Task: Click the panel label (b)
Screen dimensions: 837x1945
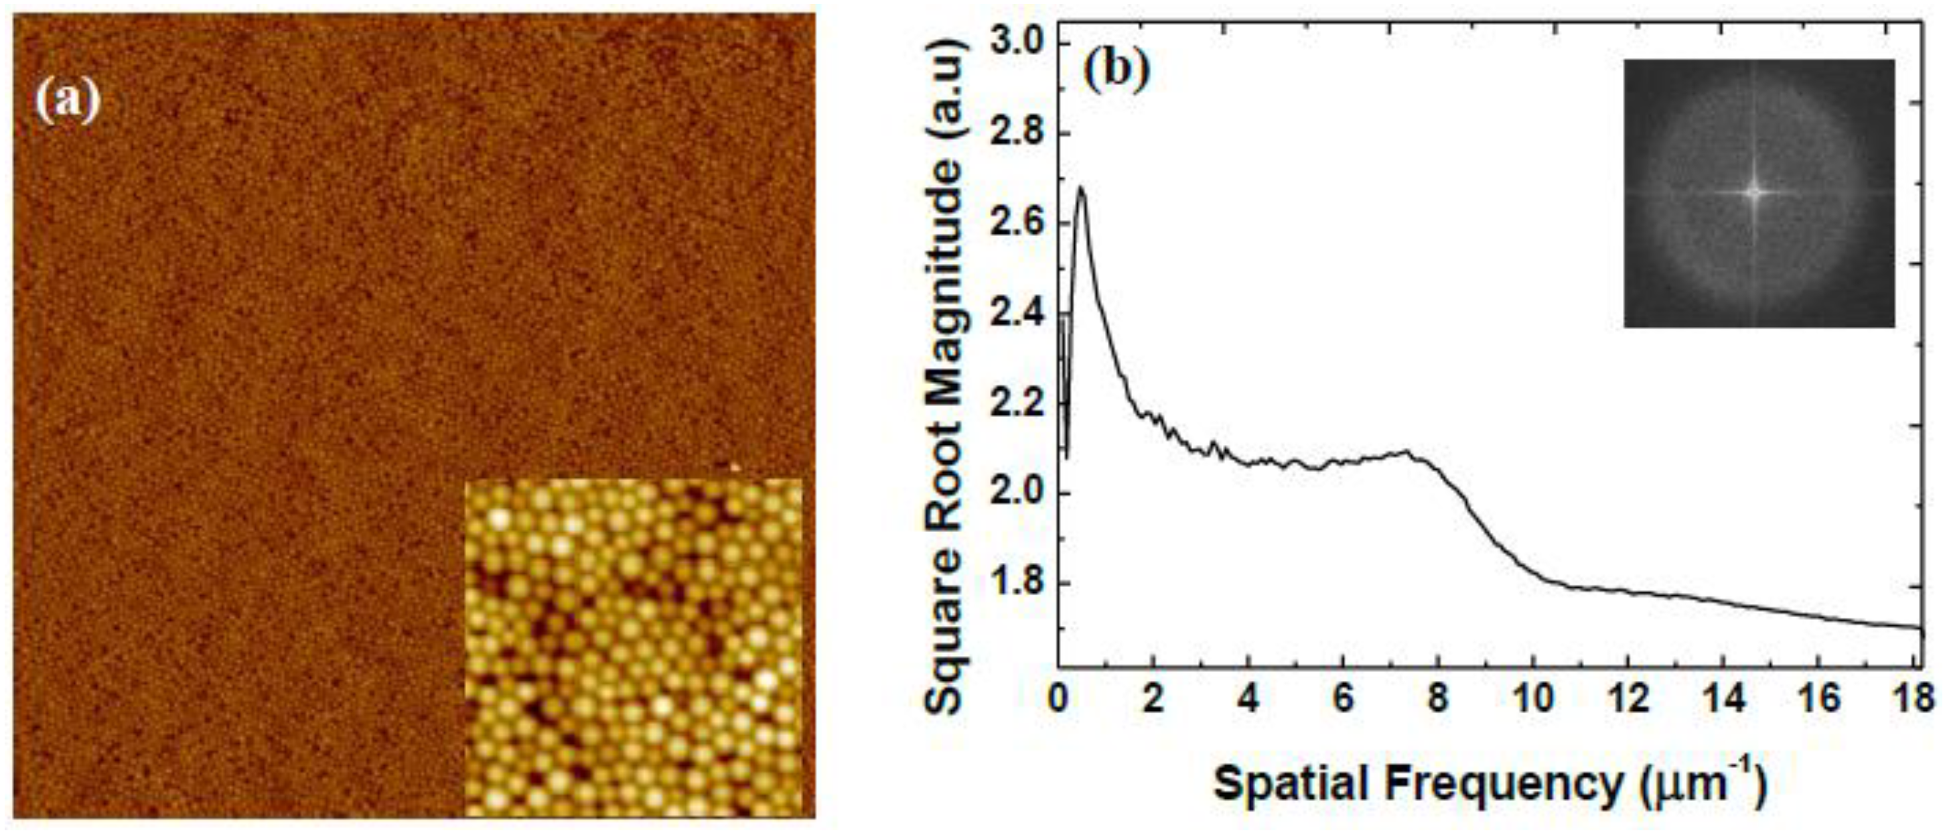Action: click(x=1116, y=71)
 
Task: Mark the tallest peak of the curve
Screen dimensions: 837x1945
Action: click(x=1080, y=188)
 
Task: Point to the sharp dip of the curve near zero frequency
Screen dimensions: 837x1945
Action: click(x=1067, y=456)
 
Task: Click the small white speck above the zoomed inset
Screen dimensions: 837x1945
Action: click(x=735, y=466)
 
